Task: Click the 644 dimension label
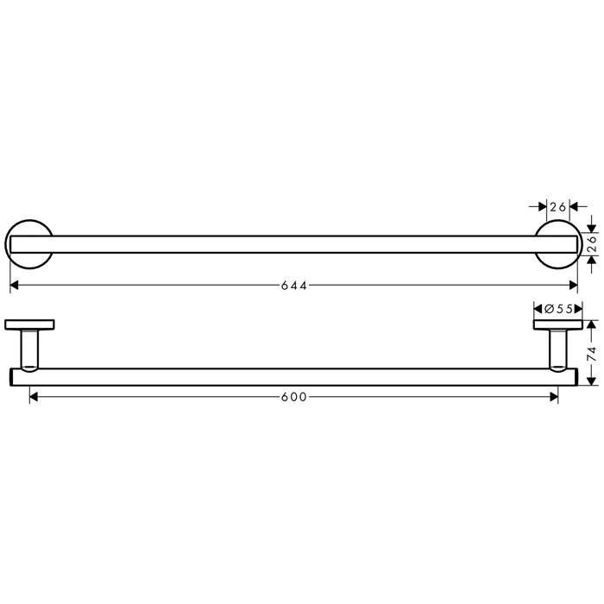[x=294, y=286]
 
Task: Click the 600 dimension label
[x=294, y=397]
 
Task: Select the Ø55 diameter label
[x=558, y=309]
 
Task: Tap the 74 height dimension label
[x=592, y=354]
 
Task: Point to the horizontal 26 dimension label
[x=557, y=207]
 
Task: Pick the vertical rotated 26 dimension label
[x=592, y=244]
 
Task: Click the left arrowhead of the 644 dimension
[x=15, y=285]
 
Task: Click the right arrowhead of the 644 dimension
[x=574, y=285]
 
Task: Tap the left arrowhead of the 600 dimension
[x=34, y=397]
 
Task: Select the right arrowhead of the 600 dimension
[x=554, y=397]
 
